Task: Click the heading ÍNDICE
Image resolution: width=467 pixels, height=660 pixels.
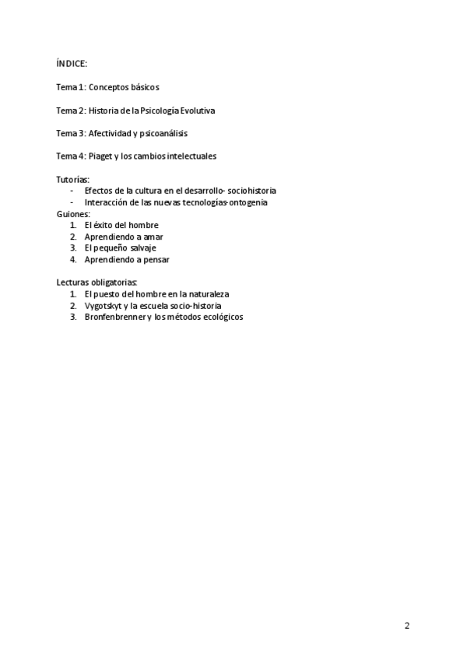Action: (x=72, y=64)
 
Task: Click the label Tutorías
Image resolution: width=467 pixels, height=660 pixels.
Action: (x=73, y=179)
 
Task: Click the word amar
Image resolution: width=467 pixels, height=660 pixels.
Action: (x=153, y=237)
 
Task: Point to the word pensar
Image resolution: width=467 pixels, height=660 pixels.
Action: (x=156, y=259)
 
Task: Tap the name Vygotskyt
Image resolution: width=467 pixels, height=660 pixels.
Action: (x=104, y=306)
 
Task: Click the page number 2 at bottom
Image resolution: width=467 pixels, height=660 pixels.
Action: (x=407, y=626)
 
